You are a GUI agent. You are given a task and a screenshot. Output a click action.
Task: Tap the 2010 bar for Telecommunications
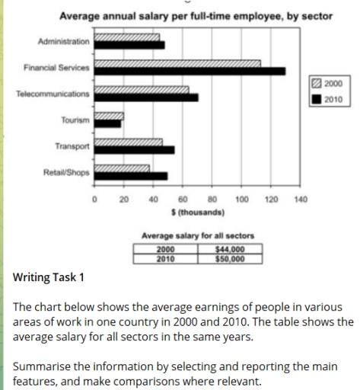pos(145,97)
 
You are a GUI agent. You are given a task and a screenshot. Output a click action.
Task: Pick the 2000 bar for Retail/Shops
pos(122,168)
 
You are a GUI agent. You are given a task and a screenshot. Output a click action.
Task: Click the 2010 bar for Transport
pos(134,149)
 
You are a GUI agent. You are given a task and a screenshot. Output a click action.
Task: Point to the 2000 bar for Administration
pos(126,37)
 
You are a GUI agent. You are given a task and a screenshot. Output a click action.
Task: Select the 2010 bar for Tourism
pos(107,123)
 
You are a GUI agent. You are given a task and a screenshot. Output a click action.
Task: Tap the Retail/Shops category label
pos(66,172)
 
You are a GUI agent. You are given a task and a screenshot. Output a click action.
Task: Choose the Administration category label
pos(63,40)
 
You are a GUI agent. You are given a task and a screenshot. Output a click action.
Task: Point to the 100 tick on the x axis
pos(241,200)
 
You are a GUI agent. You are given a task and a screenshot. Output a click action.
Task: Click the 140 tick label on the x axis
pos(301,200)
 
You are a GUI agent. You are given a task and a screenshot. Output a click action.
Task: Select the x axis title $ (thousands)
pos(198,212)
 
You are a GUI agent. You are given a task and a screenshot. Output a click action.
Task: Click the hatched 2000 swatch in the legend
pos(317,83)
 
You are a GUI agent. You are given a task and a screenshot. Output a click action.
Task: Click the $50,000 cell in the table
pos(230,259)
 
